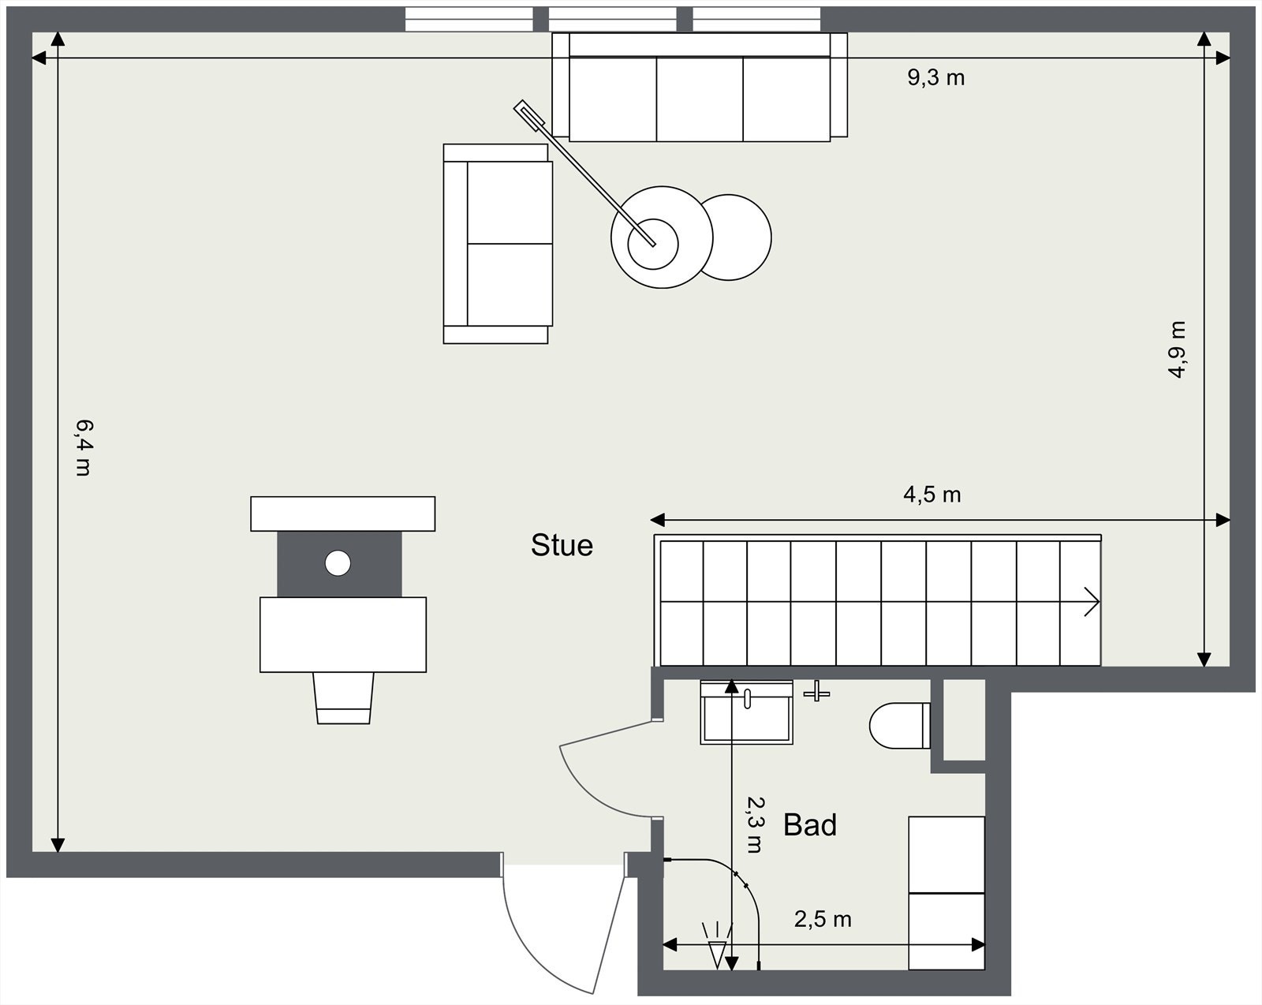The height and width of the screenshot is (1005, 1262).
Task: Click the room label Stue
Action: tap(562, 545)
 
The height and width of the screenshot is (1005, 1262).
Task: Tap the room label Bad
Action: tap(809, 825)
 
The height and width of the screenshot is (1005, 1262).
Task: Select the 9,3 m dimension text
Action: tap(935, 77)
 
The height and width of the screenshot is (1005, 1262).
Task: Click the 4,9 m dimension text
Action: tap(1177, 349)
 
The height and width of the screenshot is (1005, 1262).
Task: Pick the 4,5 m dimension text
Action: tap(932, 495)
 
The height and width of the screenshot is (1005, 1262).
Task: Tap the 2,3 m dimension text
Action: tap(755, 824)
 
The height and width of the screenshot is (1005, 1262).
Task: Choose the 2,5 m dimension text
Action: tap(823, 919)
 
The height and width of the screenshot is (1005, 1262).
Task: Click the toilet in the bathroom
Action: tap(899, 725)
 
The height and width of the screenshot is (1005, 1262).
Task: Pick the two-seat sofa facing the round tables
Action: tap(497, 244)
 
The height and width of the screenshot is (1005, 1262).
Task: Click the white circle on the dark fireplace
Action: tap(338, 563)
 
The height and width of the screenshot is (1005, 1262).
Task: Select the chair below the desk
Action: tap(343, 697)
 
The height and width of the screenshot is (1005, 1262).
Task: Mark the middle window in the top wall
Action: tap(612, 19)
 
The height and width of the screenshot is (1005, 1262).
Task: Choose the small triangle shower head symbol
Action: tap(716, 953)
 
